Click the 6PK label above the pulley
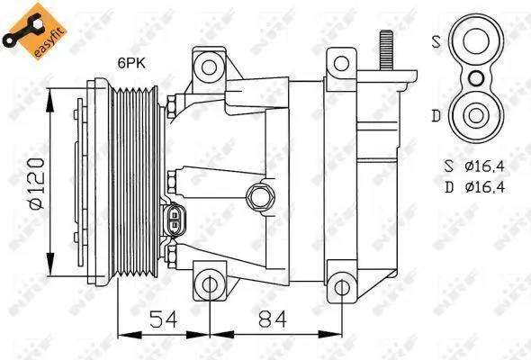coord(131,63)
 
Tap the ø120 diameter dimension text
coord(36,184)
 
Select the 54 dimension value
coord(164,319)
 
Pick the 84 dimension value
coord(273,319)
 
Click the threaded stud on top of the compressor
coord(386,49)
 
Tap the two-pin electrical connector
coord(175,220)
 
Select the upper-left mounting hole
coord(209,67)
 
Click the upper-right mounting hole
coord(341,63)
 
